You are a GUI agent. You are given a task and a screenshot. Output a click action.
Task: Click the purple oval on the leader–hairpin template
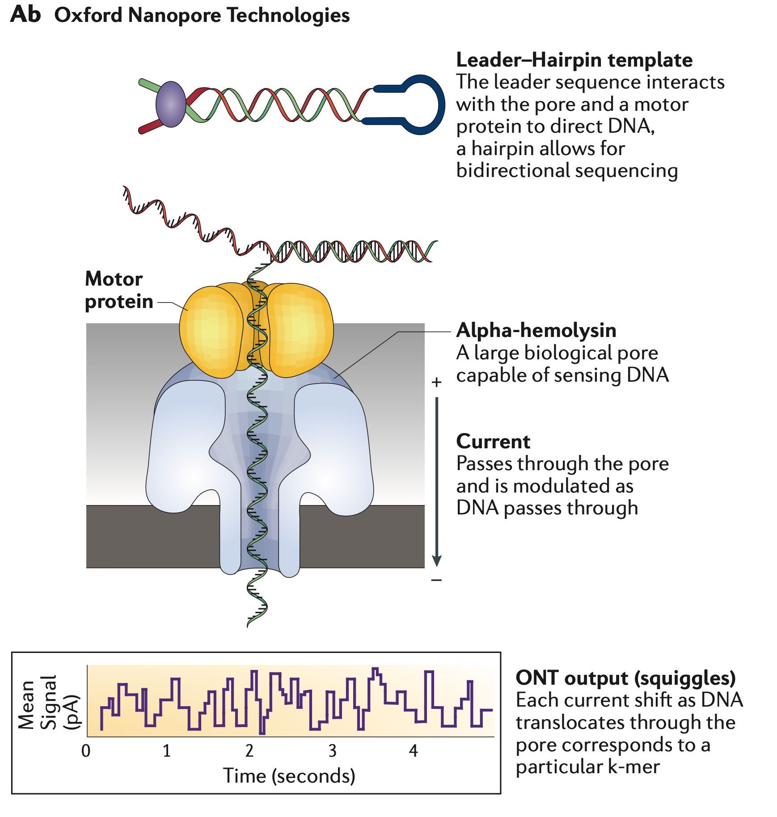click(170, 104)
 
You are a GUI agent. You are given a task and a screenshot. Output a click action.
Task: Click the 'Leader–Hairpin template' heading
click(574, 60)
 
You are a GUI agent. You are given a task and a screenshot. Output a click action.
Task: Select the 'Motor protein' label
click(118, 290)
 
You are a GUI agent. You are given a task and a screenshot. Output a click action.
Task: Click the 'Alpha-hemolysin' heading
click(536, 330)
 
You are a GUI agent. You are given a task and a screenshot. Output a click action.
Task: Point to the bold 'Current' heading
click(493, 442)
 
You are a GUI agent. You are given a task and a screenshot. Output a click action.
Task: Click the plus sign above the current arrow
click(436, 382)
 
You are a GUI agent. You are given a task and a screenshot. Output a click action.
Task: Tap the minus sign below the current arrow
click(436, 580)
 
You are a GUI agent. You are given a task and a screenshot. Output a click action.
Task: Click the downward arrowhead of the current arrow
click(437, 560)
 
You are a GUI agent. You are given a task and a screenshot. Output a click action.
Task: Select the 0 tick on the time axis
click(86, 751)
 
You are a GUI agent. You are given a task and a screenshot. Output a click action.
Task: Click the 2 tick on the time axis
click(249, 751)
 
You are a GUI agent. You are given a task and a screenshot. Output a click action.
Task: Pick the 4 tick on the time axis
click(414, 751)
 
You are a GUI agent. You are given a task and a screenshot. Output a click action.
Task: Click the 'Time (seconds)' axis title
click(289, 776)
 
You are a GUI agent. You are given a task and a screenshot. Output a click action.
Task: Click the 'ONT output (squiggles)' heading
click(625, 678)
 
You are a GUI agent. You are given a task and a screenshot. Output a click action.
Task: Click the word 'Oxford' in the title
click(88, 15)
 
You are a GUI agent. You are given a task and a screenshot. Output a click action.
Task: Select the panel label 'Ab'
click(25, 14)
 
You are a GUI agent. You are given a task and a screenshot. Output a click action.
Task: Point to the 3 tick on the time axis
click(332, 751)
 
